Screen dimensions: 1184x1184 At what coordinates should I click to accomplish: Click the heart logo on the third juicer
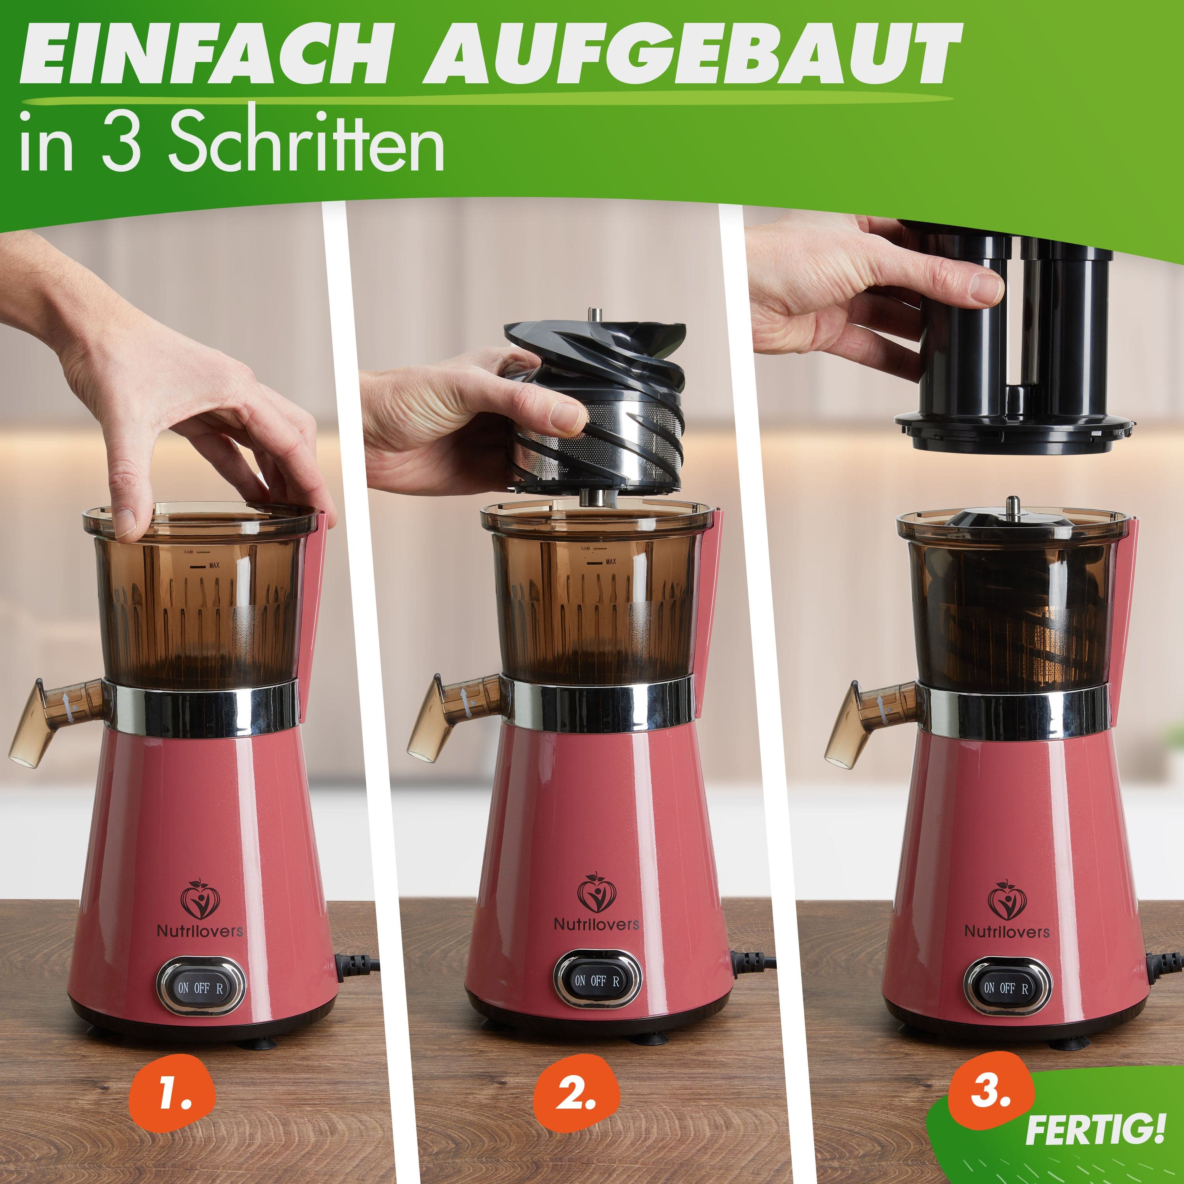point(1007,900)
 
